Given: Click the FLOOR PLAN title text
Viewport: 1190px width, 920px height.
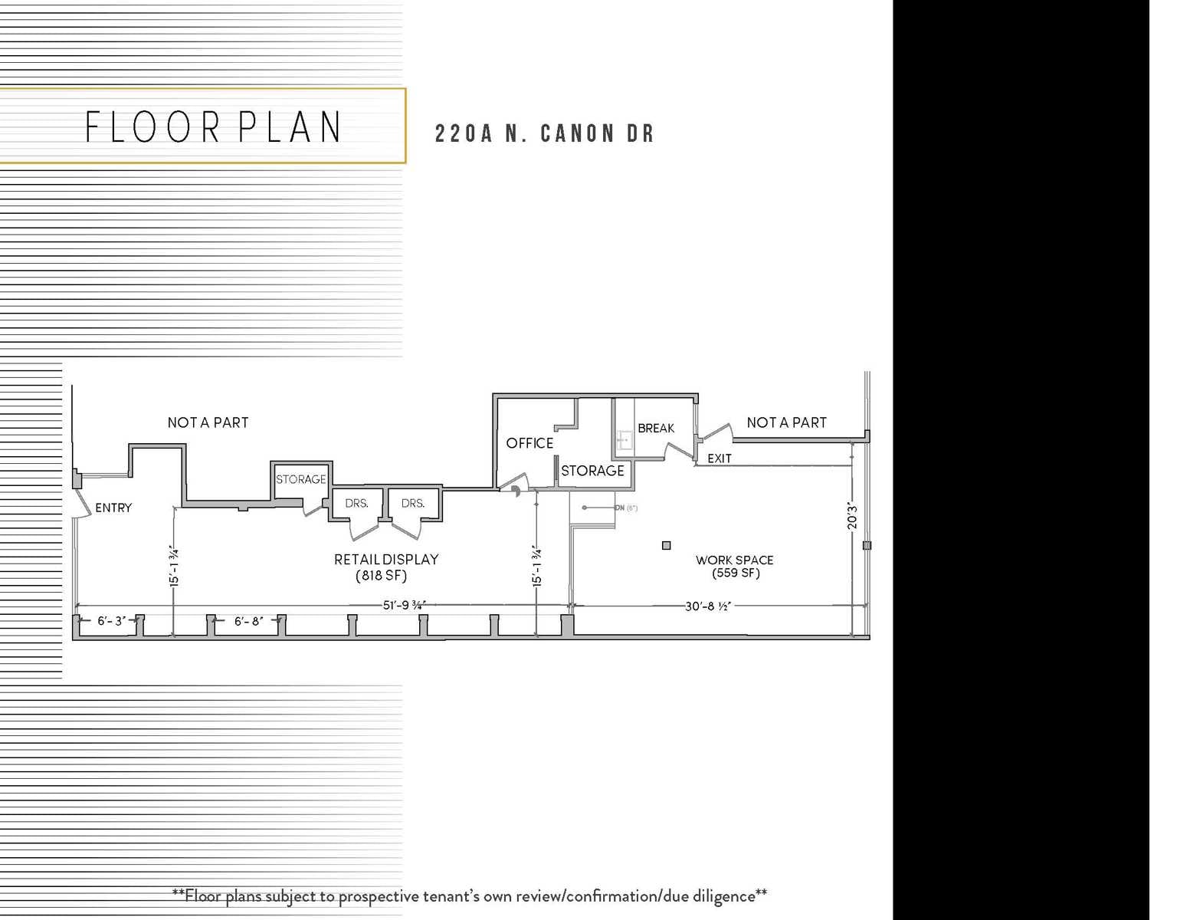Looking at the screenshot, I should click(x=213, y=127).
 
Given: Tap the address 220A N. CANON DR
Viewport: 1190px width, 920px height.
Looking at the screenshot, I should click(x=544, y=134).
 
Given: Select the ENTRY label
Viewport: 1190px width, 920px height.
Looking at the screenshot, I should click(x=113, y=508).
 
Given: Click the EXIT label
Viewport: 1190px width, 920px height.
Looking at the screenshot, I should click(x=719, y=458).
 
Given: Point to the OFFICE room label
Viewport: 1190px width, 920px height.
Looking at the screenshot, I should click(x=529, y=443).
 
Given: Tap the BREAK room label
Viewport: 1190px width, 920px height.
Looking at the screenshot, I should click(x=656, y=428).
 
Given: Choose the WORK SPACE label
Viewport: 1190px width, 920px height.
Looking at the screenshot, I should click(x=734, y=560).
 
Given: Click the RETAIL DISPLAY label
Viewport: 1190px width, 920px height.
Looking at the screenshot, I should click(x=386, y=560).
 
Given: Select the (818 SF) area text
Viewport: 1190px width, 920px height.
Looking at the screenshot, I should click(x=381, y=576).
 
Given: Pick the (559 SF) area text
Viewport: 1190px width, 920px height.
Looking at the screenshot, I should click(x=736, y=573).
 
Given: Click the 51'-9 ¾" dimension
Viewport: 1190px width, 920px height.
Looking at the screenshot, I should click(x=404, y=605).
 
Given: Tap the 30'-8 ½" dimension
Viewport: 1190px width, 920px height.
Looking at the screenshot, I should click(x=707, y=606).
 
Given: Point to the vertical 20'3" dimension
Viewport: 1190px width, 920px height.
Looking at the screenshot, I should click(x=852, y=516).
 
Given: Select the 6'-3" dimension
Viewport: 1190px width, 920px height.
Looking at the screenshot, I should click(x=111, y=621).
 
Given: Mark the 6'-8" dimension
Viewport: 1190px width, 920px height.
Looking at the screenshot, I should click(x=248, y=621).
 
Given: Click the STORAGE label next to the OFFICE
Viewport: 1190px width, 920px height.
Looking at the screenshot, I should click(x=592, y=471).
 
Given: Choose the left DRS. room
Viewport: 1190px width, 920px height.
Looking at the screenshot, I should click(x=356, y=504).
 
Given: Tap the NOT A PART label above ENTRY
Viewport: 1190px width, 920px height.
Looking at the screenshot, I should click(x=208, y=422).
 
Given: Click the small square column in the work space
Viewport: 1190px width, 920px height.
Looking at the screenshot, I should click(x=666, y=545).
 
